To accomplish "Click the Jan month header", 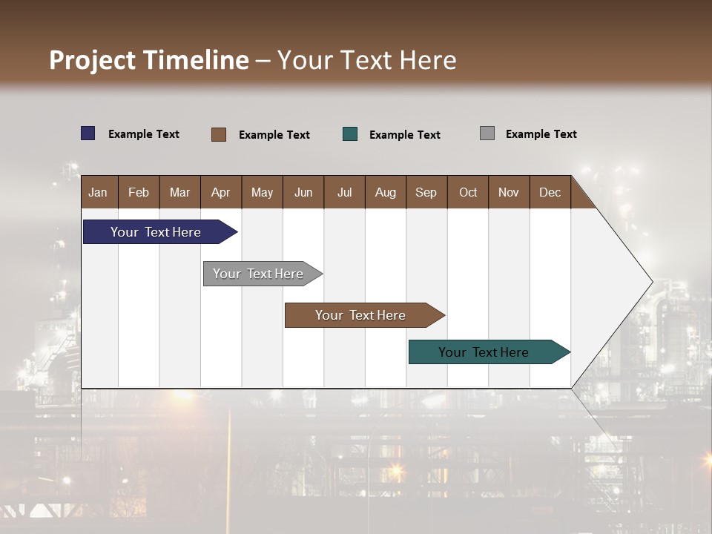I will coord(98,192).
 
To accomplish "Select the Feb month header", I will coord(139,192).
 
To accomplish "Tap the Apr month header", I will coord(220,192).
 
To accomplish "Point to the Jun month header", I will coord(303,192).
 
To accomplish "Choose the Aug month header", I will coord(385,192).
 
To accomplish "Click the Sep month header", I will coord(426,192).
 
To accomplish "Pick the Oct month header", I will coord(468,192).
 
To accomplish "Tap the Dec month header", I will coord(550,192).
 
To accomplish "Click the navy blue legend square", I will coord(88,133).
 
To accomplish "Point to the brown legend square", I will coord(219,134).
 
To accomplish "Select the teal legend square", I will coord(350,134).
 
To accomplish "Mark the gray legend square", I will coord(487,133).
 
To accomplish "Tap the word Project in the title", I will coord(93,60).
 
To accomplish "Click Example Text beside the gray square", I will coord(541,134).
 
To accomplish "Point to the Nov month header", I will coord(509,192).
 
